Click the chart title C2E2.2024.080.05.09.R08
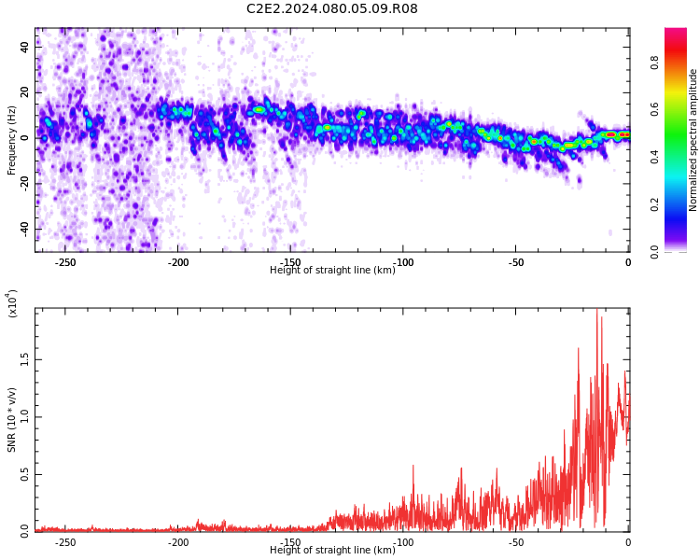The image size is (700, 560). pos(332,8)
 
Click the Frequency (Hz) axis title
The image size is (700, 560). pos(11,140)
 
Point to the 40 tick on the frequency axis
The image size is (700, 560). pos(25,47)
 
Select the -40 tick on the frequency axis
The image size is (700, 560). pos(25,230)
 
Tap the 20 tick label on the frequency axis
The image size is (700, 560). pos(25,92)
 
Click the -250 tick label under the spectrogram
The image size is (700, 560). pos(65,262)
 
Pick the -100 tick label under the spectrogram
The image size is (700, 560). pos(403,262)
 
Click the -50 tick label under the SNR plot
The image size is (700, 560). pos(515,542)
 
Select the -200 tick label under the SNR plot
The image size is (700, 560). pos(178,542)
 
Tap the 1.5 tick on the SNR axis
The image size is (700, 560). pos(25,359)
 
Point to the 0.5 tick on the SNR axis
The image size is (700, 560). pos(25,474)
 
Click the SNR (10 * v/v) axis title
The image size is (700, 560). pos(11,419)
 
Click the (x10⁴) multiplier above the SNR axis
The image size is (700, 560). pos(11,303)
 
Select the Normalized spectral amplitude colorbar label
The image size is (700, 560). pos(693,140)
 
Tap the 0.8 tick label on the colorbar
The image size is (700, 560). pos(654,63)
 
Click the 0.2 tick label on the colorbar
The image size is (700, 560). pos(654,205)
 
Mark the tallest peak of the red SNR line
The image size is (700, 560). pos(597,309)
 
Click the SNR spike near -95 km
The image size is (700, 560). pos(413,466)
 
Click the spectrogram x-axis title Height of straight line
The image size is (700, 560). pos(332,270)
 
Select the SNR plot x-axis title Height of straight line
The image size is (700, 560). pos(332,550)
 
